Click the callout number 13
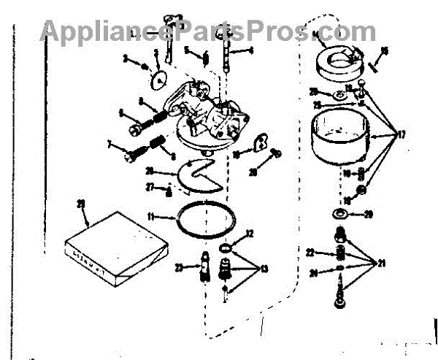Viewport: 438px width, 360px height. coord(264,269)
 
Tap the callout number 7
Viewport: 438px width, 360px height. coord(110,146)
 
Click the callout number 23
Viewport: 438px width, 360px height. coord(178,267)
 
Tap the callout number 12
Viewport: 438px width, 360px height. coord(250,234)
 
